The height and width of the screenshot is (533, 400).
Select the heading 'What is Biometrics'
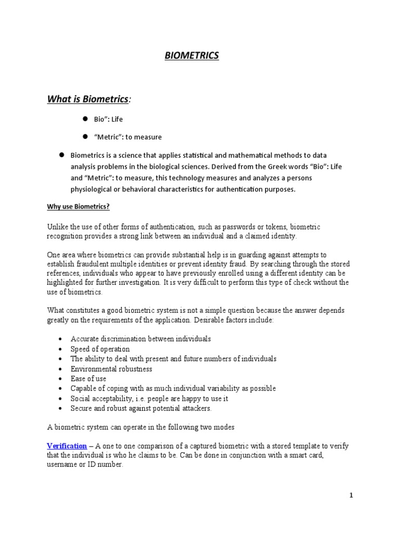click(x=88, y=99)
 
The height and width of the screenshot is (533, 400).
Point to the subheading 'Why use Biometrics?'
click(x=79, y=207)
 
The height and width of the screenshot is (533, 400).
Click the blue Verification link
click(x=67, y=446)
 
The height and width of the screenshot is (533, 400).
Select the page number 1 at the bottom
click(x=351, y=496)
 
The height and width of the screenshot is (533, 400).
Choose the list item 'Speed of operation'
click(x=100, y=349)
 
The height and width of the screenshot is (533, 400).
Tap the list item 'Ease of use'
click(x=88, y=378)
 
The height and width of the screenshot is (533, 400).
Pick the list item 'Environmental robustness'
click(x=111, y=369)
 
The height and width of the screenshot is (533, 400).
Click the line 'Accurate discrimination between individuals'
click(x=141, y=339)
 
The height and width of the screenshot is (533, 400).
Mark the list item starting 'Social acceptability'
click(x=149, y=399)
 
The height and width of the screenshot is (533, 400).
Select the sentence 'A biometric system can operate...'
click(x=141, y=427)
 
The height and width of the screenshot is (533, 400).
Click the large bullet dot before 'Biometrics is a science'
click(x=60, y=155)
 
